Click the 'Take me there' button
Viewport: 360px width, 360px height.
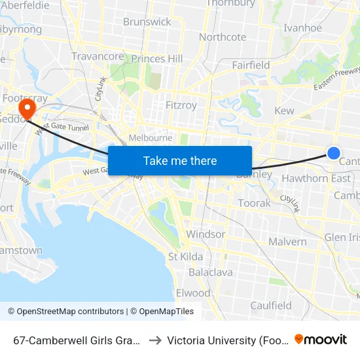click(180, 160)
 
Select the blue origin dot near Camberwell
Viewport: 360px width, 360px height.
click(333, 153)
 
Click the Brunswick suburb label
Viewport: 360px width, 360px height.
click(147, 22)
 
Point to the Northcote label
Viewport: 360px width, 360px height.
click(222, 37)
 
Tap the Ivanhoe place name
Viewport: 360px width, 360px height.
click(302, 28)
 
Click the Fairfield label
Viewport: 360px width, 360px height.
click(251, 65)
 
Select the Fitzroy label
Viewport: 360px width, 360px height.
click(181, 105)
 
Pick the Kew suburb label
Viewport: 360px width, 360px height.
click(284, 111)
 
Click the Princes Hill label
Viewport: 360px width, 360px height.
click(157, 59)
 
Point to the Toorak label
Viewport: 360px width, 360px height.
click(255, 203)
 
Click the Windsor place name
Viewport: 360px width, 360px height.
click(206, 234)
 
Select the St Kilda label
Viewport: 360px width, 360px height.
click(186, 256)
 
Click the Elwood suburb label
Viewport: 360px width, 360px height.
click(193, 293)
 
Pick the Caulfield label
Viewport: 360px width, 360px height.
click(271, 305)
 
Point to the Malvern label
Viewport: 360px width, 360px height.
click(287, 242)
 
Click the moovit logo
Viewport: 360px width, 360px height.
click(321, 339)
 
